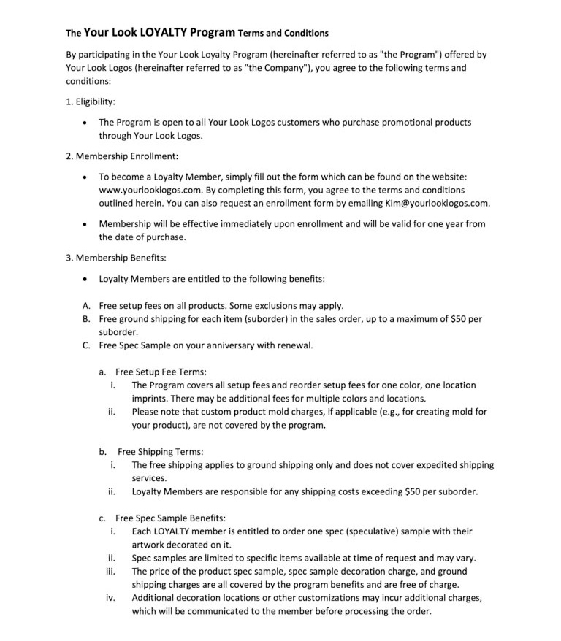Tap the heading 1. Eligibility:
(x=91, y=101)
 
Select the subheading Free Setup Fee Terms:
(x=161, y=372)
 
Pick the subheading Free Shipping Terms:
(x=160, y=451)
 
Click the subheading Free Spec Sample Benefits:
(x=171, y=518)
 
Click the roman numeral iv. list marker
(x=112, y=598)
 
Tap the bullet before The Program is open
(x=86, y=123)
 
